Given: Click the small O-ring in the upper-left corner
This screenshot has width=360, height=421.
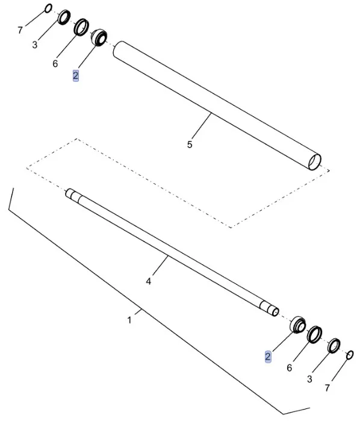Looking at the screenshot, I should pos(49,8).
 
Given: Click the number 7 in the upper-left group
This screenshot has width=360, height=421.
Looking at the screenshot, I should pos(20,30).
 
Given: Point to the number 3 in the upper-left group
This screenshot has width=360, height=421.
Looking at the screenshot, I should pos(35,45).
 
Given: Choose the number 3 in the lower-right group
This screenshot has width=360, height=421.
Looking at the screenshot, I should pos(310,379).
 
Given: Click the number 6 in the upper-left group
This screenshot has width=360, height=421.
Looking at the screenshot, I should pos(55,63).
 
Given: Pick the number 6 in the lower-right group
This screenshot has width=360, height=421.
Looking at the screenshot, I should pos(290,367).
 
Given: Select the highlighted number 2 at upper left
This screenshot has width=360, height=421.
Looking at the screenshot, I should pos(75,75).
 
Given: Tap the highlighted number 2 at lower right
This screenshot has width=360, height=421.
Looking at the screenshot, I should pos(268,357).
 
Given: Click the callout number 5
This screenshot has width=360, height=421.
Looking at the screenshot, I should pos(190,145).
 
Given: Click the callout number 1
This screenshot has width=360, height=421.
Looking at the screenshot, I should pos(129,320).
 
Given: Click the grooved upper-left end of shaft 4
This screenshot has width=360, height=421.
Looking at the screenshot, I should pos(72,194).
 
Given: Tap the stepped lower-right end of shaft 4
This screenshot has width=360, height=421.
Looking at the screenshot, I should pos(272,310).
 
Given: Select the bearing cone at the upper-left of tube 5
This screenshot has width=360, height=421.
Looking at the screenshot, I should pos(98,37).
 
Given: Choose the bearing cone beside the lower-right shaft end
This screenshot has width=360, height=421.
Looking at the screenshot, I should pos(297,323).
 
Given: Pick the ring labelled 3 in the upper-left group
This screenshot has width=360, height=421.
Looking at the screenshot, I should pos(64,18).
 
